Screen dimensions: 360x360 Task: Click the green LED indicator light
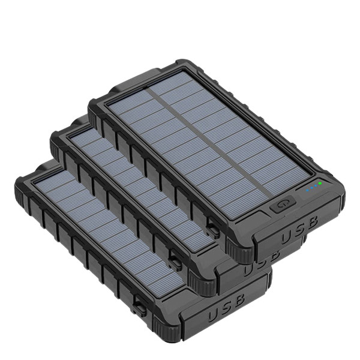320,183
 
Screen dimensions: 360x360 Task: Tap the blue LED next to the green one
316,185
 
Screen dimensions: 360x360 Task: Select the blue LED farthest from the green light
307,190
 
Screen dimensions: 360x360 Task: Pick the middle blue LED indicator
311,188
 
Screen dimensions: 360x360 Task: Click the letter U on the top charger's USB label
287,238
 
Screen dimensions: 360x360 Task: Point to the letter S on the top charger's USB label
299,230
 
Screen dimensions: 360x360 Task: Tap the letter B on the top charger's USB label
311,222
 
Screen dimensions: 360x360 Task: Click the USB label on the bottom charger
226,307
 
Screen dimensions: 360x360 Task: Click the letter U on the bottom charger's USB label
214,314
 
